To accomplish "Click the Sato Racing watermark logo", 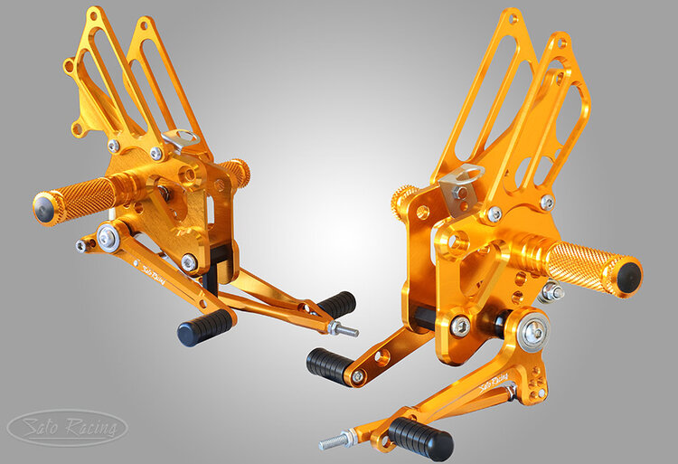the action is point(68,428).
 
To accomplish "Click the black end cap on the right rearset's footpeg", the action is point(628,277).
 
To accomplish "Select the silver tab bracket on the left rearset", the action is point(181,139).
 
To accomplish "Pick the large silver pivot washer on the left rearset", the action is point(108,237).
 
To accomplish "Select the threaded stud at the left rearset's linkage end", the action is point(344,329).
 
